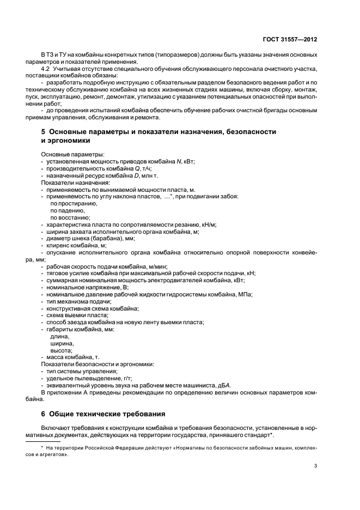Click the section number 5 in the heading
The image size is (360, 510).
pyautogui.click(x=44, y=132)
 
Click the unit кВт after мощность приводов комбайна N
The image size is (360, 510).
pyautogui.click(x=188, y=162)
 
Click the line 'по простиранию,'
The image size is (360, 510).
pyautogui.click(x=74, y=203)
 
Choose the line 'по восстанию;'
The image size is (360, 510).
pyautogui.click(x=70, y=217)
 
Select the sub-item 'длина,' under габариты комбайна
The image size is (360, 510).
pyautogui.click(x=60, y=336)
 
